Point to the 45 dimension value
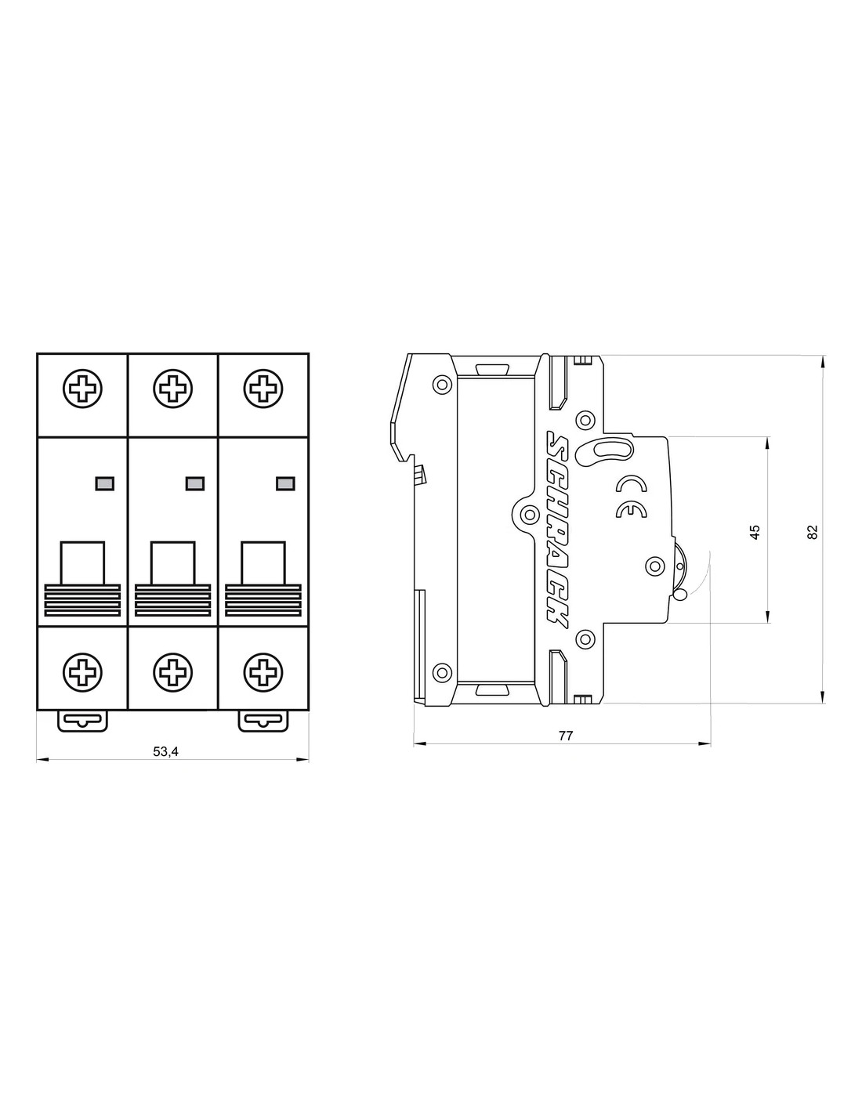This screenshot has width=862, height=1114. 755,532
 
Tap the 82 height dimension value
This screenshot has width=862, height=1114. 812,532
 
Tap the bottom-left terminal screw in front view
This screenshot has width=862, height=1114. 82,671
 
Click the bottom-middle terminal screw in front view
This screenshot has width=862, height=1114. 173,671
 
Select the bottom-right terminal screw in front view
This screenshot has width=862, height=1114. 263,671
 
